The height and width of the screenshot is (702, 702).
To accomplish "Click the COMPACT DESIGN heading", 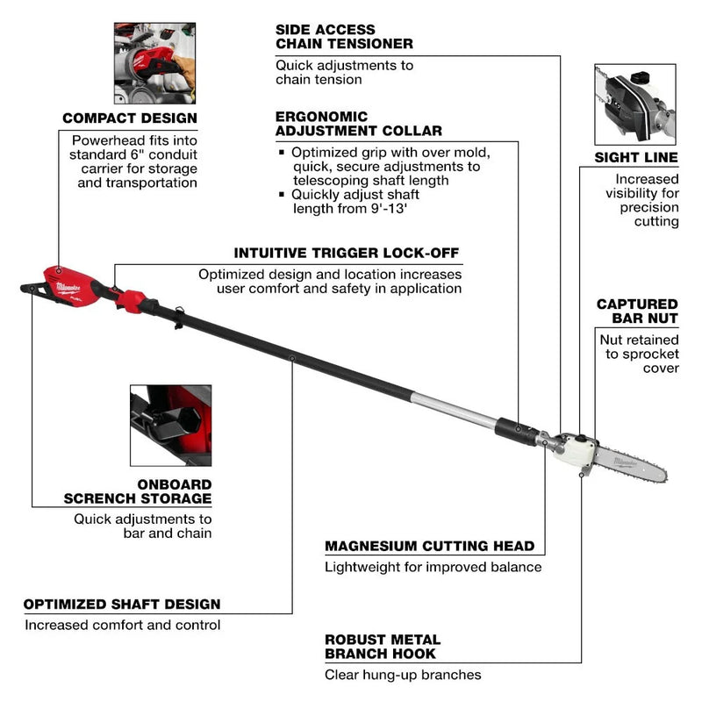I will [129, 118].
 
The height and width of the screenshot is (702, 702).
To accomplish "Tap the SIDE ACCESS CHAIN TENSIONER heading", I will [344, 36].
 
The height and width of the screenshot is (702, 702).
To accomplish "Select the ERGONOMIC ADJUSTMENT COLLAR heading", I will [358, 123].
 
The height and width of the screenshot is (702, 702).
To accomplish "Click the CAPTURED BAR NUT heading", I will [637, 311].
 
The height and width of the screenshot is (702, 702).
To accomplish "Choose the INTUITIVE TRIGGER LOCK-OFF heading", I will [346, 254].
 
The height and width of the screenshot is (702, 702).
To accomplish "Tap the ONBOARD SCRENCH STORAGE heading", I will [137, 491].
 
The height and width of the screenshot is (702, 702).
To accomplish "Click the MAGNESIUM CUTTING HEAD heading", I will [429, 546].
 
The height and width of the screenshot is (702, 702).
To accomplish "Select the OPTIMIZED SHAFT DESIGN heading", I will [122, 604].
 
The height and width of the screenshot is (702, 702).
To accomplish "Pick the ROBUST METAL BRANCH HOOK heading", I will [383, 646].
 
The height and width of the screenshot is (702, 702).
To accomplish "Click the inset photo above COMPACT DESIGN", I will [154, 63].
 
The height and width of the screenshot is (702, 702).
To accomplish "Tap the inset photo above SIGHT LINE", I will [635, 105].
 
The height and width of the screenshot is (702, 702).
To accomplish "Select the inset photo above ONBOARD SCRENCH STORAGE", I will [170, 425].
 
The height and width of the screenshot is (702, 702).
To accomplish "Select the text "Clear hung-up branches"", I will [403, 675].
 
